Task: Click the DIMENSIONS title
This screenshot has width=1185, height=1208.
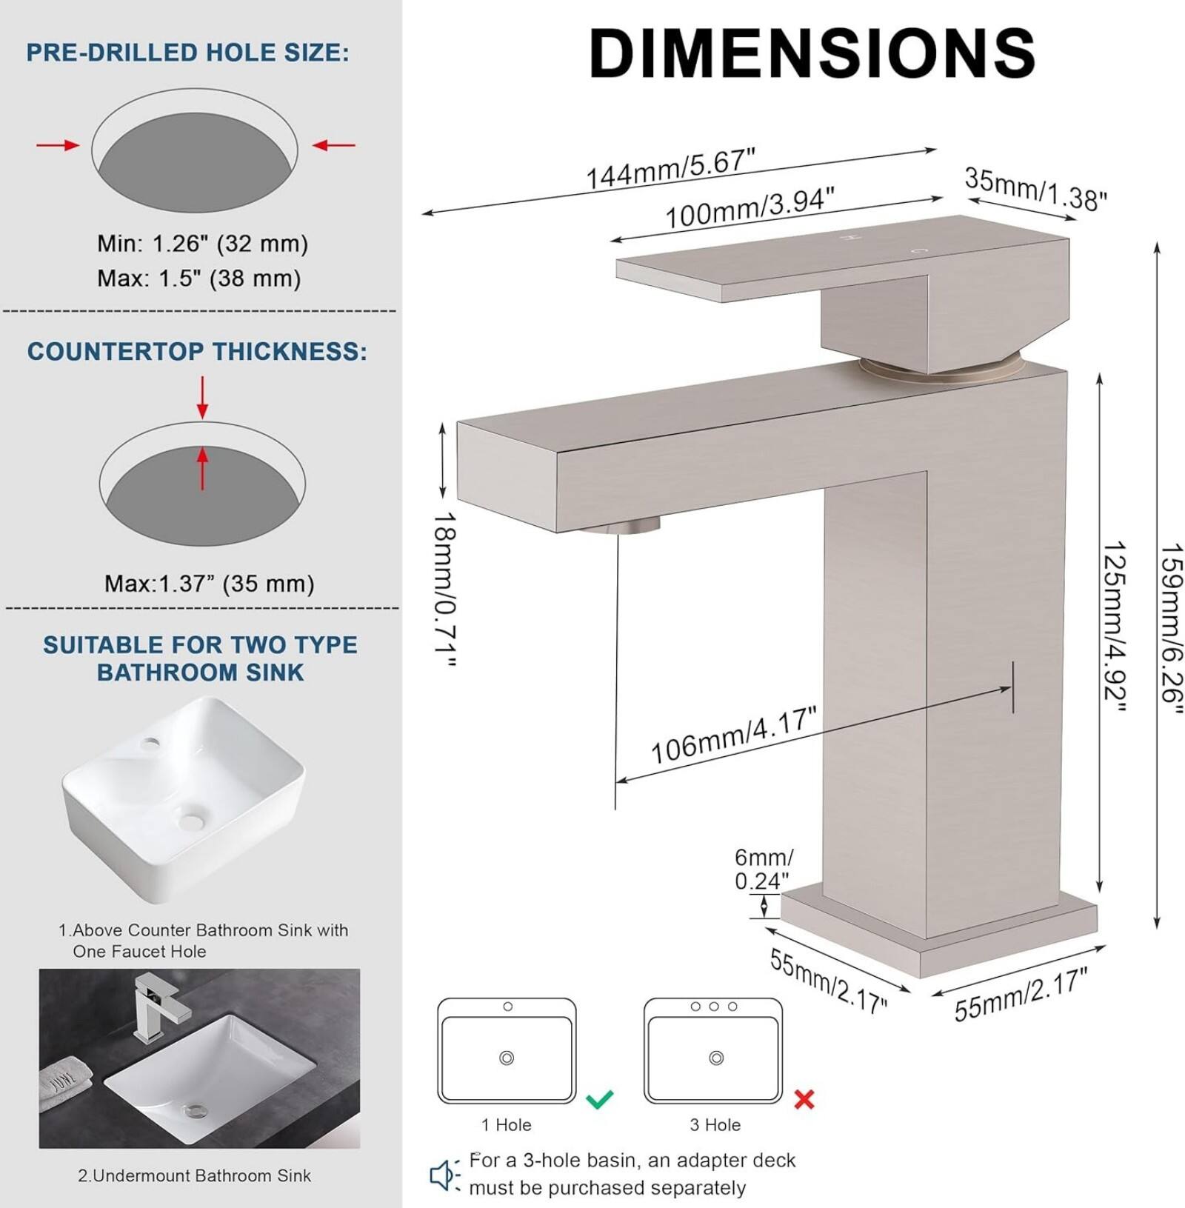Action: point(812,53)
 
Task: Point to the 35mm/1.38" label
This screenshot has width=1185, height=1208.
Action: point(1035,190)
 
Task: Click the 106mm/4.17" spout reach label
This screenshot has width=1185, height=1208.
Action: point(733,735)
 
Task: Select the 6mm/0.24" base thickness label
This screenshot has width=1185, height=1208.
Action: point(763,869)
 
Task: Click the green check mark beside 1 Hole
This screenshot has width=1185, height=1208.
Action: point(599,1098)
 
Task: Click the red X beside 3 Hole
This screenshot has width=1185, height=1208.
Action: point(804,1099)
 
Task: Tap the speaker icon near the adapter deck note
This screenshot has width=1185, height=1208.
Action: point(444,1175)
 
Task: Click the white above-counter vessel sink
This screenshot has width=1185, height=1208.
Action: point(184,796)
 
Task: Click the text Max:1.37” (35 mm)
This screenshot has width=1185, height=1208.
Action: point(209,584)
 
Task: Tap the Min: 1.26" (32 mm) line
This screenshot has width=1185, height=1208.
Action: point(202,244)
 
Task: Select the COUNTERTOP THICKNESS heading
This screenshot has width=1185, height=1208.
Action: point(197,351)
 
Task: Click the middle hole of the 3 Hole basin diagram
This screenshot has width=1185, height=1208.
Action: point(714,1007)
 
